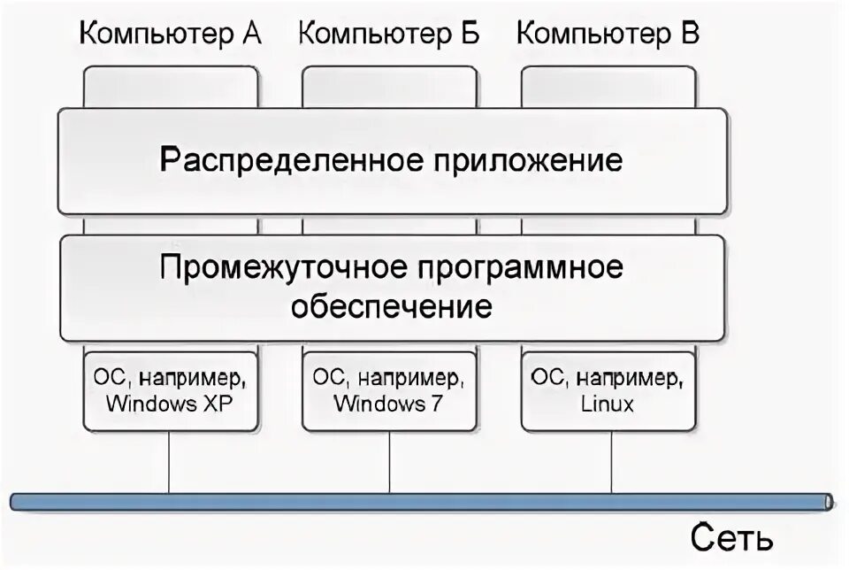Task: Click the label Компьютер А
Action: coord(171,35)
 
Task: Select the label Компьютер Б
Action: coord(389,35)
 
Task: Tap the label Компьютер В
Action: coord(608,35)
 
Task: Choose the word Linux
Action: coord(608,404)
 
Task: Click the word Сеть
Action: coord(733,537)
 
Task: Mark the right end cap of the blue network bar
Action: coord(829,502)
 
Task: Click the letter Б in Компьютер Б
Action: coord(470,35)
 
